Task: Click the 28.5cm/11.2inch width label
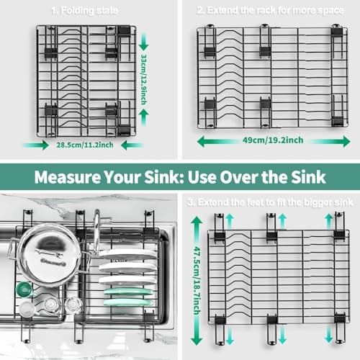85,145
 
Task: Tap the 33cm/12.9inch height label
144,79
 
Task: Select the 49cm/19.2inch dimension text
273,140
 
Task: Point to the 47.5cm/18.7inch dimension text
197,280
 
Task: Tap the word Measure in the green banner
68,177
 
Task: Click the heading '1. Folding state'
85,11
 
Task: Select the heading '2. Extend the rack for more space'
271,10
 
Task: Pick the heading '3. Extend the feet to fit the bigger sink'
270,202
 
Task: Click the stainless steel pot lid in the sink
50,254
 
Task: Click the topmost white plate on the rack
127,254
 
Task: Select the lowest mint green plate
128,302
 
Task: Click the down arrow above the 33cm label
143,42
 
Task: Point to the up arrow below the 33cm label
143,117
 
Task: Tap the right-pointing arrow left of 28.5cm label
36,145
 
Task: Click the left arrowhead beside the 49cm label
201,141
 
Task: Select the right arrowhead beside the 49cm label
346,141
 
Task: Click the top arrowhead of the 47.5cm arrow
197,220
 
